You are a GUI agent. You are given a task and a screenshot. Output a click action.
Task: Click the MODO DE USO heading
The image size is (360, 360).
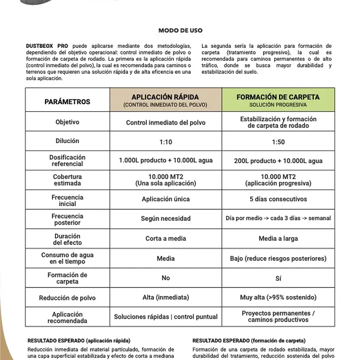[x=180, y=30]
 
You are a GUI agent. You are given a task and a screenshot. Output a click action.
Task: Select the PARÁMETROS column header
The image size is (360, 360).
[x=67, y=101]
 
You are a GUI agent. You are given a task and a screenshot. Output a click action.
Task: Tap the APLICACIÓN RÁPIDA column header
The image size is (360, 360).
[x=165, y=100]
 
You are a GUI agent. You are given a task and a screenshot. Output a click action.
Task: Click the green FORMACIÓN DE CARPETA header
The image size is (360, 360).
[x=278, y=100]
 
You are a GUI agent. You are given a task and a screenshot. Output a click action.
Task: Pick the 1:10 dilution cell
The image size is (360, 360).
[x=166, y=142]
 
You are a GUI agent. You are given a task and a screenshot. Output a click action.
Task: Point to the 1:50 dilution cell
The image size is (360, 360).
[x=278, y=142]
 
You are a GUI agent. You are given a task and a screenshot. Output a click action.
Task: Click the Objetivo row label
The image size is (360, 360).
[x=67, y=122]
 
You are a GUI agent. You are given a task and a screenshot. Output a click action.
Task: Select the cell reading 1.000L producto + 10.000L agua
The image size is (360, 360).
[x=166, y=161]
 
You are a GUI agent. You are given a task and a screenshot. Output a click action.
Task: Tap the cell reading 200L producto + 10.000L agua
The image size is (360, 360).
[x=278, y=161]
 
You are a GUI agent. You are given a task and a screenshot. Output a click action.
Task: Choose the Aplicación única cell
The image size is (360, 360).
[x=166, y=199]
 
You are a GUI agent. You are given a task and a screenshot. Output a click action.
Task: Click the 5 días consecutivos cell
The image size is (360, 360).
[x=278, y=199]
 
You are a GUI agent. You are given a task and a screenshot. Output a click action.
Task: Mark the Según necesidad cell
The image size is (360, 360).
[x=166, y=218]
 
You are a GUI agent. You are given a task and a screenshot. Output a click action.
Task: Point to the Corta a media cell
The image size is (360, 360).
[x=166, y=238]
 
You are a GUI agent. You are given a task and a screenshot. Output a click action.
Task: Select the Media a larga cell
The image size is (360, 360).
[x=278, y=238]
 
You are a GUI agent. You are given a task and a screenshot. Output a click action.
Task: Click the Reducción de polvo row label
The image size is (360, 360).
[x=67, y=297]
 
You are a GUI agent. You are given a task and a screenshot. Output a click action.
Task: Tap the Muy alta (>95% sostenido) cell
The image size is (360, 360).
[x=278, y=297]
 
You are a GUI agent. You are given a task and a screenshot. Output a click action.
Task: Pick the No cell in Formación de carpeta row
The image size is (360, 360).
[x=166, y=278]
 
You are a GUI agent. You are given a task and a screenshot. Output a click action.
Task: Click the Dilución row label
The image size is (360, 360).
[x=67, y=141]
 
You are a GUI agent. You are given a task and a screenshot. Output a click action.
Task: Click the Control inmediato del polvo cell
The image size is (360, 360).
[x=166, y=122]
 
